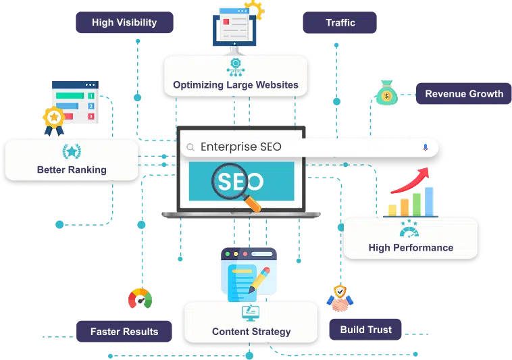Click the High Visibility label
click(x=124, y=22)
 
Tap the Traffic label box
click(x=340, y=22)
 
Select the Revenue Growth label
click(x=463, y=94)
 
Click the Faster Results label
click(x=124, y=331)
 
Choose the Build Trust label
click(x=365, y=330)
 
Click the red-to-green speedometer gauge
click(x=140, y=298)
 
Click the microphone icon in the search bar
click(x=425, y=147)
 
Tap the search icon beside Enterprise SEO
click(x=190, y=147)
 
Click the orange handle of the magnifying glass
click(x=252, y=203)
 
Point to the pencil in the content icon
click(x=259, y=280)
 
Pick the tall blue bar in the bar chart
click(x=429, y=201)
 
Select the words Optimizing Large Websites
click(x=236, y=85)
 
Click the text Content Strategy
click(x=251, y=332)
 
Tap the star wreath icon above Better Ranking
click(x=72, y=151)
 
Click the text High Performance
click(x=411, y=248)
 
